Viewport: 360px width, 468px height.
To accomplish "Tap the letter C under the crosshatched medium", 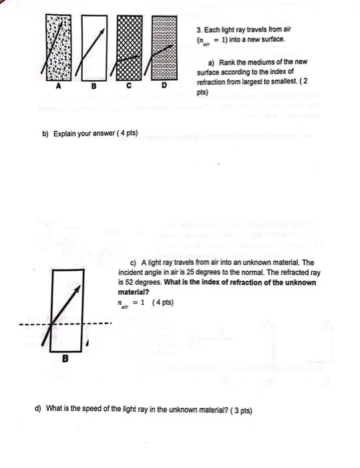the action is tap(128, 87).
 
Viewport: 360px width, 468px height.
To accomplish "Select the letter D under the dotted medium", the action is tap(162, 87).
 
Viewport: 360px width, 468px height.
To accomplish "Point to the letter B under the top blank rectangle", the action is tap(94, 87).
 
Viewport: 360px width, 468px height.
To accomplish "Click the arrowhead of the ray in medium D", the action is tap(175, 45).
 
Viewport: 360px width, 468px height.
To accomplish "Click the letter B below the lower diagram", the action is tap(65, 359).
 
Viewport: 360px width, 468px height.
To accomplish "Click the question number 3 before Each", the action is tap(199, 31).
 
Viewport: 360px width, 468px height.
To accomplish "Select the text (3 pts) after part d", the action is tap(240, 410).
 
